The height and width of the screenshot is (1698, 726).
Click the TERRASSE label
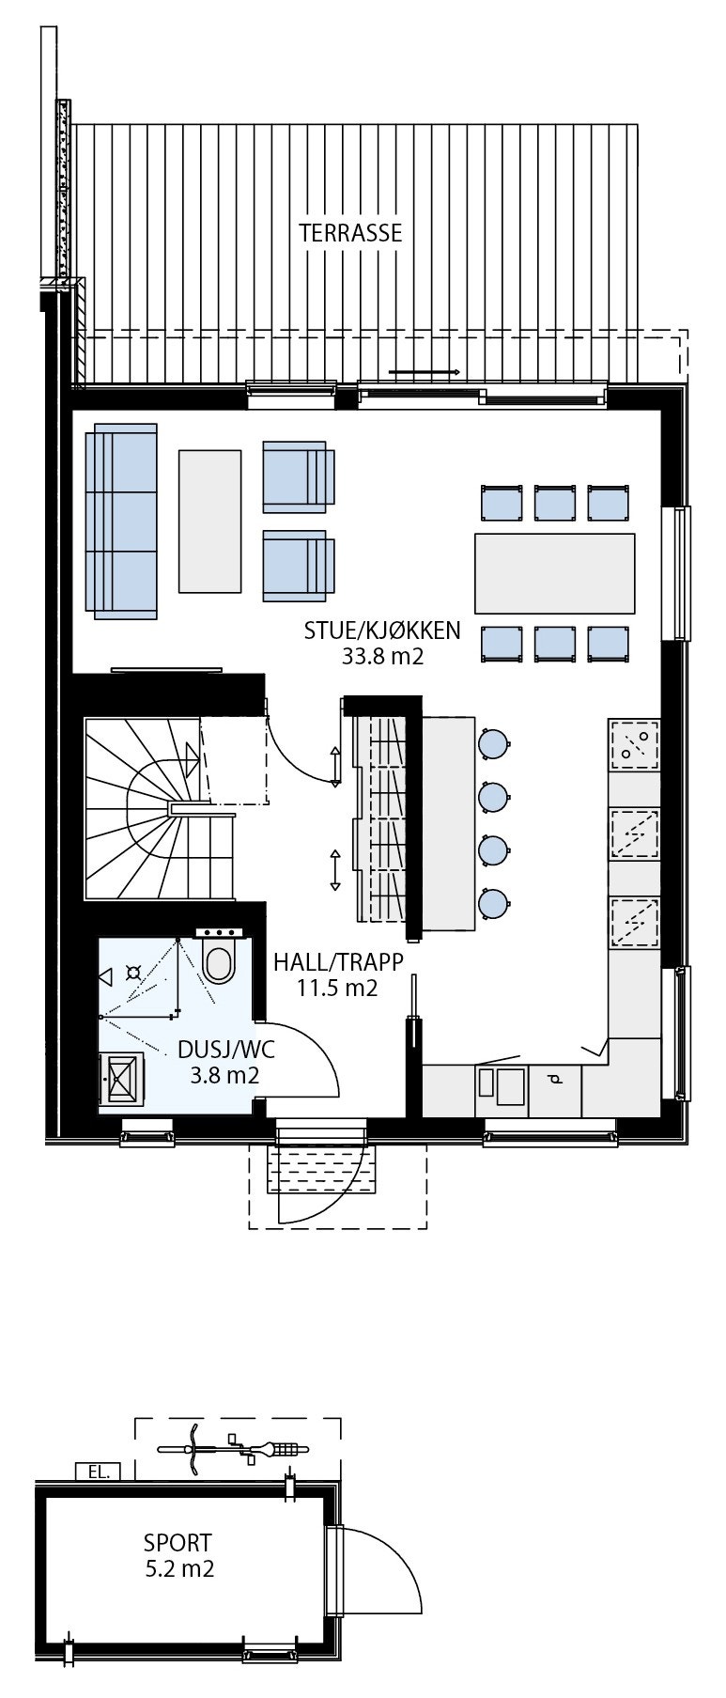350,233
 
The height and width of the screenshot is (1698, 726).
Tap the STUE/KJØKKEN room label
382,630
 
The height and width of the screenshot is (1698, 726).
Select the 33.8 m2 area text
382,656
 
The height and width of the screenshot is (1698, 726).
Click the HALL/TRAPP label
338,961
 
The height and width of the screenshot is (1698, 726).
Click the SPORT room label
178,1542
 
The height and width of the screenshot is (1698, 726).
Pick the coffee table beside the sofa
209,521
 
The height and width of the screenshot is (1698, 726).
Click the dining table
554,572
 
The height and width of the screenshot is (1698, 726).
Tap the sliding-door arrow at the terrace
424,373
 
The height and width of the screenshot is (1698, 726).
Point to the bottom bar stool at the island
493,903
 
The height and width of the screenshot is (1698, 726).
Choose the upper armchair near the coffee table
297,476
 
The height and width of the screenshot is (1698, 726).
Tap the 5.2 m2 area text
178,1568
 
